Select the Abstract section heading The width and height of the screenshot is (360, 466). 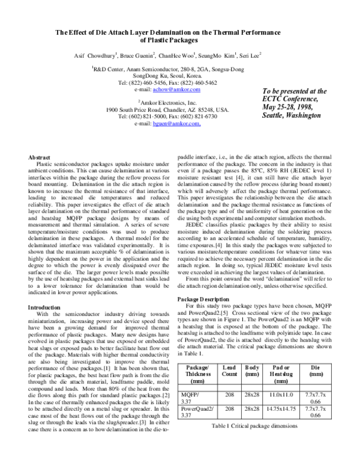click(x=40, y=157)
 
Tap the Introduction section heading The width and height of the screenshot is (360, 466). click(x=45, y=307)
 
